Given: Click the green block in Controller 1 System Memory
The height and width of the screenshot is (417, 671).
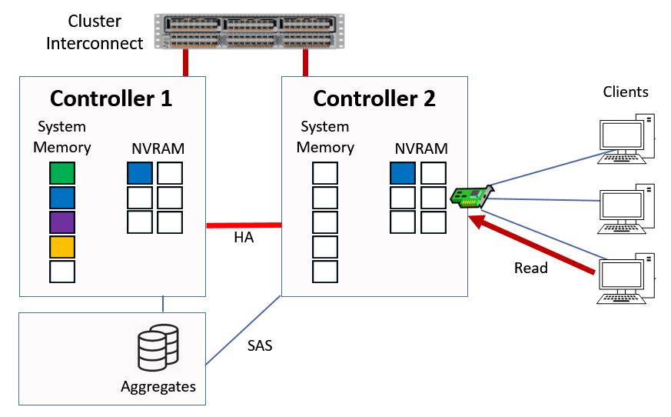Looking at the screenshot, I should (61, 173).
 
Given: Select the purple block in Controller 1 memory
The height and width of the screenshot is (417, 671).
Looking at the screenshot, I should (61, 223).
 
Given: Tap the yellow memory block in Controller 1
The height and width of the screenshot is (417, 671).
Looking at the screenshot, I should (61, 248).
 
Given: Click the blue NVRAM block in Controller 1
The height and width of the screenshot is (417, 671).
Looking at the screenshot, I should (140, 173).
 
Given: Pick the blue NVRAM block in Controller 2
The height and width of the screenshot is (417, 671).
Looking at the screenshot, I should (403, 173).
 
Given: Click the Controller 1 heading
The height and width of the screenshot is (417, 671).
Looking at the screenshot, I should (111, 98).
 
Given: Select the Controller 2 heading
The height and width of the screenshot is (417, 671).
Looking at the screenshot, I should (374, 98).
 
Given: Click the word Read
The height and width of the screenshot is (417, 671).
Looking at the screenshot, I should (531, 268).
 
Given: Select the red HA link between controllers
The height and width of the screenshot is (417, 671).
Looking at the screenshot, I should (244, 225).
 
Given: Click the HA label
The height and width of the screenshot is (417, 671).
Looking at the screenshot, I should (244, 239).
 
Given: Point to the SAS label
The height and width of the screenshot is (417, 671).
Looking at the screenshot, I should (260, 345).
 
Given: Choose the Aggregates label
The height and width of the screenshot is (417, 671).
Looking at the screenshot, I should (158, 386).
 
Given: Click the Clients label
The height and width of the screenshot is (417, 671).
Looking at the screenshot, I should (626, 92).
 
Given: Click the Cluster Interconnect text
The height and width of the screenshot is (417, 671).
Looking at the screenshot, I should (95, 32).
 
